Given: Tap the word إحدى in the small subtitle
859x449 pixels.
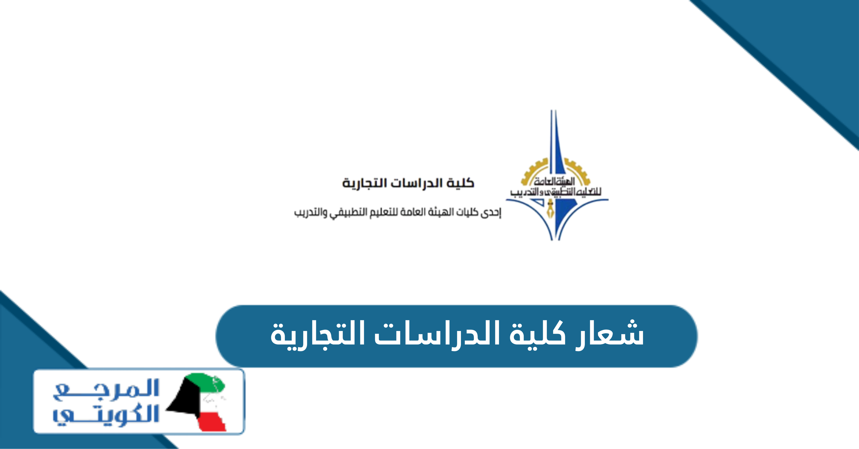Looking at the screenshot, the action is click(490, 213).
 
